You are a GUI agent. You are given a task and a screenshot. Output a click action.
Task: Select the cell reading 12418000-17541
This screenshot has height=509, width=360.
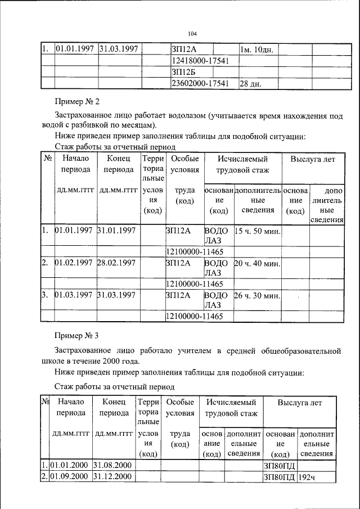point(199,60)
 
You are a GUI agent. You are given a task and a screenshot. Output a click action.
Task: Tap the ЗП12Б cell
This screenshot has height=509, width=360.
point(183,72)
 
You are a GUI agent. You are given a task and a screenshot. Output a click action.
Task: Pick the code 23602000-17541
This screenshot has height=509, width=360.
point(199,84)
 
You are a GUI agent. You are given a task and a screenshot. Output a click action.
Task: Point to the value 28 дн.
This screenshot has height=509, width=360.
point(251,84)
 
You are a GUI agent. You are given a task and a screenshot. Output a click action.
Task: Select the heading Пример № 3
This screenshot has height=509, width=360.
point(76,336)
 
